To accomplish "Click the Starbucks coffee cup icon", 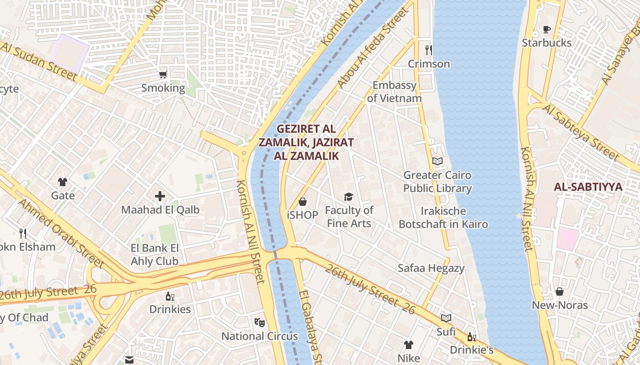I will tap(546, 30).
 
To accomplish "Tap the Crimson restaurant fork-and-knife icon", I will tap(428, 50).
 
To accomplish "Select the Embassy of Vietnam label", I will tap(394, 92).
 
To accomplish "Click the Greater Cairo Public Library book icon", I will tap(437, 161).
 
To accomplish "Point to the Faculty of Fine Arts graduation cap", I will tap(349, 197).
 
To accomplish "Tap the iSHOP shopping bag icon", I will tap(303, 201).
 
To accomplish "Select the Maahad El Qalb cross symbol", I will tap(160, 196).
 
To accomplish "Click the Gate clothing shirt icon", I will tap(63, 182).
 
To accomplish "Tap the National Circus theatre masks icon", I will tap(260, 323).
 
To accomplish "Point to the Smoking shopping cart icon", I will tap(163, 74).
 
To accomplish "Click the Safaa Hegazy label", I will tap(431, 268).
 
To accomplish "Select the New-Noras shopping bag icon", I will tap(560, 291).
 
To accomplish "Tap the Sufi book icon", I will tap(446, 318).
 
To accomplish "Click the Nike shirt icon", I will tap(408, 345).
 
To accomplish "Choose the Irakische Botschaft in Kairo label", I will tap(443, 218).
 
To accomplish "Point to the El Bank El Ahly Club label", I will tap(155, 255).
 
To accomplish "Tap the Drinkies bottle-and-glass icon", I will tap(170, 296).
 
